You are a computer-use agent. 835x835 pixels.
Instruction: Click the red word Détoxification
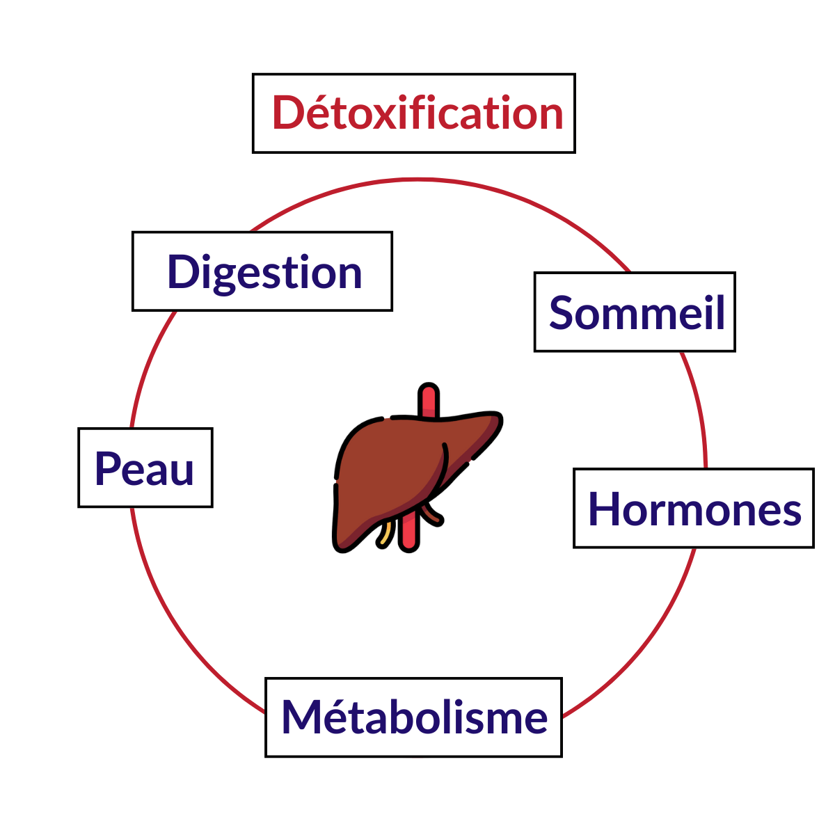click(x=417, y=113)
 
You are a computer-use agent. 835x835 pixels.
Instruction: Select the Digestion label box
click(x=262, y=271)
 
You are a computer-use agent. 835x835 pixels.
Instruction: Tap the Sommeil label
click(x=635, y=312)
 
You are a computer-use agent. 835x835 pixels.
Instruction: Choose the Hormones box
click(x=694, y=508)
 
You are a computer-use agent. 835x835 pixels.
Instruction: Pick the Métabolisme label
click(x=413, y=717)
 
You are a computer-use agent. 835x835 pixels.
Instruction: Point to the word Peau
click(x=144, y=468)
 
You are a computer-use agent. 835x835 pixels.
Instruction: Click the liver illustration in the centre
click(x=417, y=468)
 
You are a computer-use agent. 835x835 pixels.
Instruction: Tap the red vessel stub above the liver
click(x=429, y=400)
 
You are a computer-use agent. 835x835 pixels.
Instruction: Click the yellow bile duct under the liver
click(x=385, y=534)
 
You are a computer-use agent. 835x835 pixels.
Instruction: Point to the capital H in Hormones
click(x=603, y=509)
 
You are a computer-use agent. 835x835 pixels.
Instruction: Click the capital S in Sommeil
click(x=561, y=312)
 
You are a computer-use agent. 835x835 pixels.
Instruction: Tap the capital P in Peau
click(x=107, y=468)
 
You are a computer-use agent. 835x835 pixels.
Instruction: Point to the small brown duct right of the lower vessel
click(x=434, y=514)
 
